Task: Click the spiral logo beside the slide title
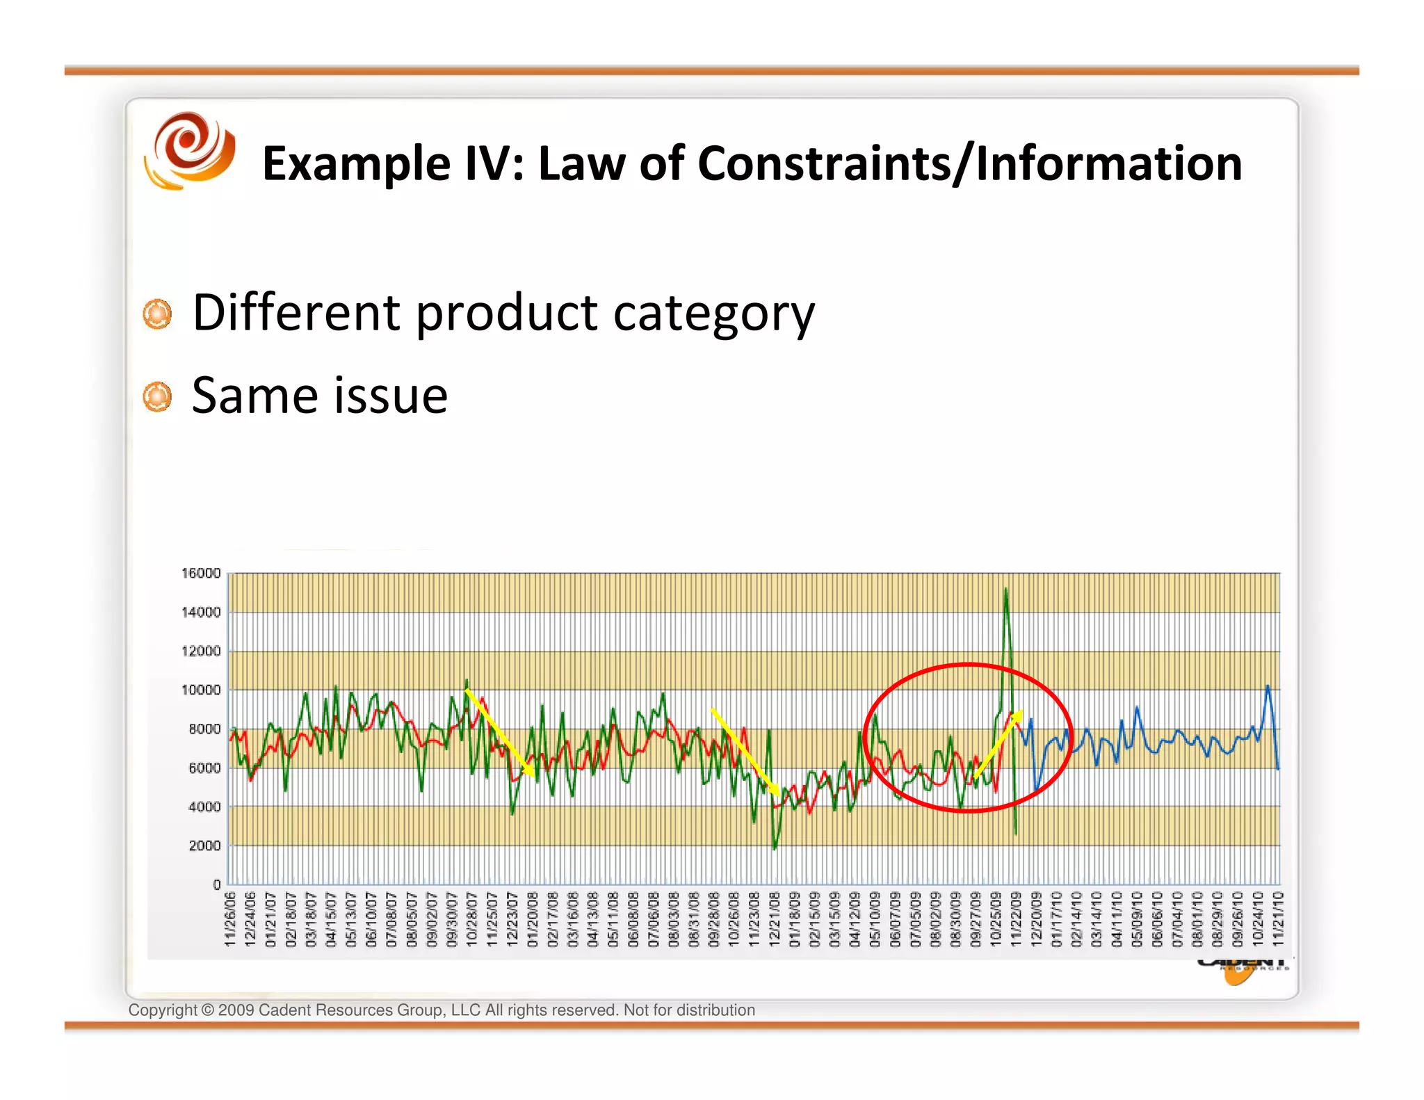pyautogui.click(x=189, y=150)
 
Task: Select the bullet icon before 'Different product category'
pyautogui.click(x=157, y=314)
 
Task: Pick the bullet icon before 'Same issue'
pyautogui.click(x=157, y=397)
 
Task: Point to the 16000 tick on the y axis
pyautogui.click(x=201, y=573)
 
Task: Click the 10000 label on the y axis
pyautogui.click(x=201, y=690)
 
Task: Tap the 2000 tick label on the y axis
pyautogui.click(x=204, y=846)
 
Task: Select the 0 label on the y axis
pyautogui.click(x=217, y=884)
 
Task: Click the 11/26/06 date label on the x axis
pyautogui.click(x=230, y=919)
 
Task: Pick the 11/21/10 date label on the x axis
pyautogui.click(x=1278, y=919)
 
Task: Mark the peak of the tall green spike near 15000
pyautogui.click(x=1005, y=590)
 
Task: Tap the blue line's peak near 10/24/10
pyautogui.click(x=1268, y=687)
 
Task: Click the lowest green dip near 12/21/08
pyautogui.click(x=775, y=848)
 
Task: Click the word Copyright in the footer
pyautogui.click(x=163, y=1010)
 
